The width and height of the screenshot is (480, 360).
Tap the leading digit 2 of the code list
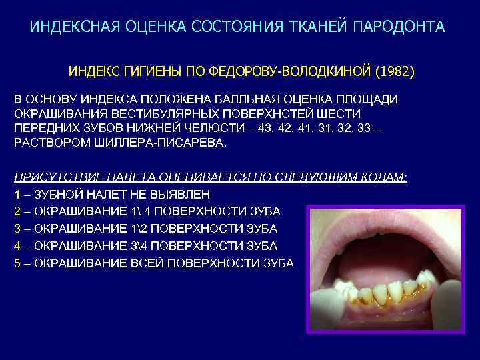click(x=17, y=211)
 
